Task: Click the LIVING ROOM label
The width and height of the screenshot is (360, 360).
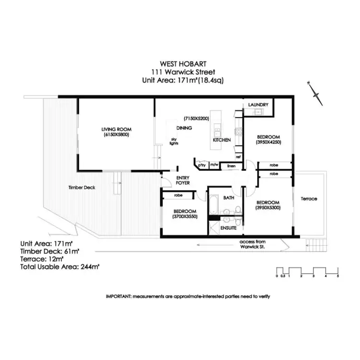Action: [116, 129]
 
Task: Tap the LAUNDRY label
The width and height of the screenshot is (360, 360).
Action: [258, 105]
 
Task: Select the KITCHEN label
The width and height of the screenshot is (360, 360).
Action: [222, 140]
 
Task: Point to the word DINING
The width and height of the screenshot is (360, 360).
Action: [184, 128]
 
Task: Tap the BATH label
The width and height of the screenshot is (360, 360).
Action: [228, 197]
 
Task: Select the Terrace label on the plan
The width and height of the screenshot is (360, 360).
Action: [309, 199]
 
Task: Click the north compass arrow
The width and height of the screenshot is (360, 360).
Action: [317, 94]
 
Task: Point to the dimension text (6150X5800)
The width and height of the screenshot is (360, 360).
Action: [116, 135]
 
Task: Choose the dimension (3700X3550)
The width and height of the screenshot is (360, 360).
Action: [185, 217]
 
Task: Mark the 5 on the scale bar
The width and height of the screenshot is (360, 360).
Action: [338, 276]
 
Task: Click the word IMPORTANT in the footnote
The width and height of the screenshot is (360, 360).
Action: [118, 296]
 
